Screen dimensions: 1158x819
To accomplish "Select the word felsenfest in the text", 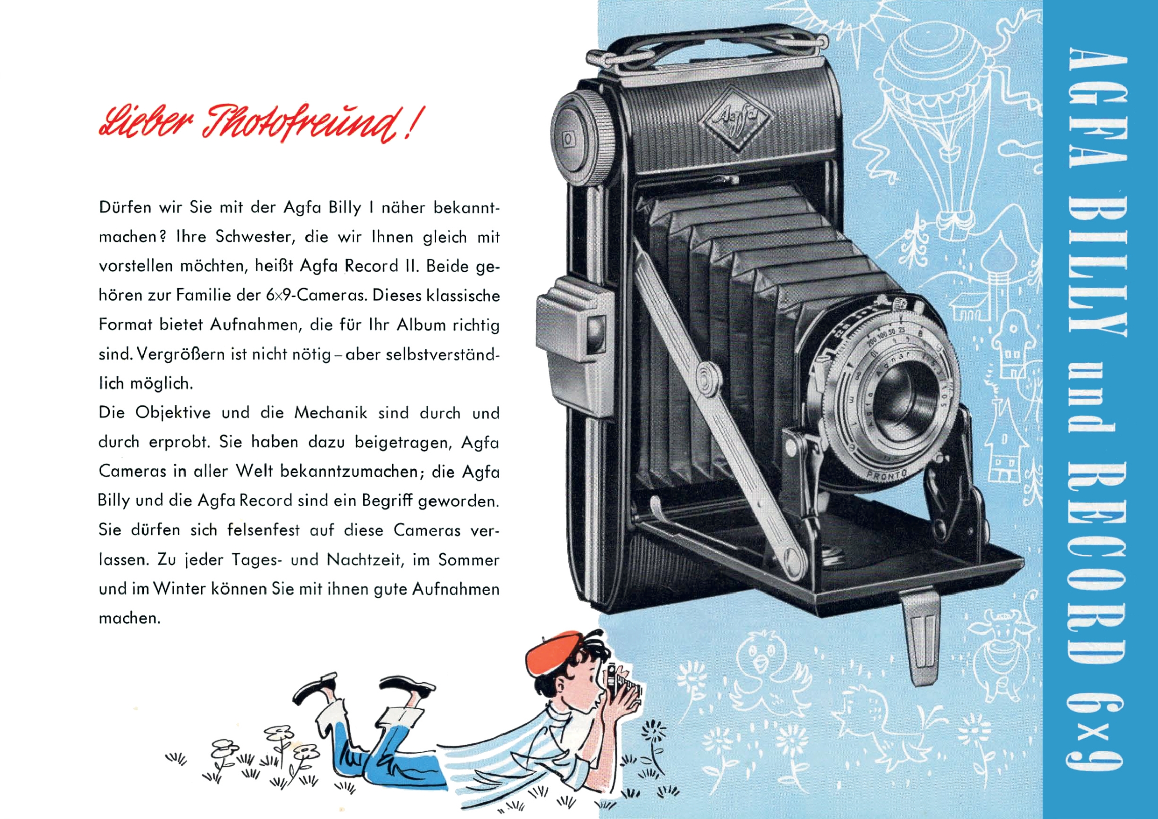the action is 263,530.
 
